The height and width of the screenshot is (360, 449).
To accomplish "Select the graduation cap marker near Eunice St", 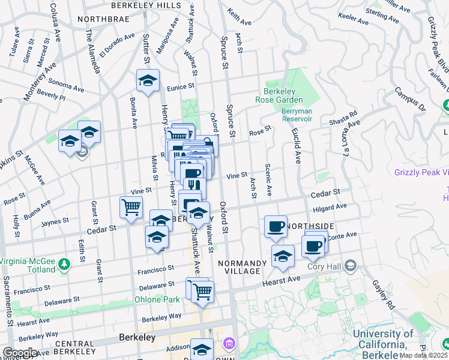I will [x=148, y=82].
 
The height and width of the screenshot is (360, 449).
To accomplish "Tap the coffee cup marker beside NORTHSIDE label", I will [x=276, y=227].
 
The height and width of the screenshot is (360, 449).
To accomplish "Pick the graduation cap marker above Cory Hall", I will [x=283, y=256].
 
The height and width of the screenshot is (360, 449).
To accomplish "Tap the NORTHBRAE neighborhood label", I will [x=100, y=19].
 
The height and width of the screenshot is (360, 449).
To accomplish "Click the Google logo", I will [x=20, y=353].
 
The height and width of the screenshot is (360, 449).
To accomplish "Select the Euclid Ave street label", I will [x=296, y=146].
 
